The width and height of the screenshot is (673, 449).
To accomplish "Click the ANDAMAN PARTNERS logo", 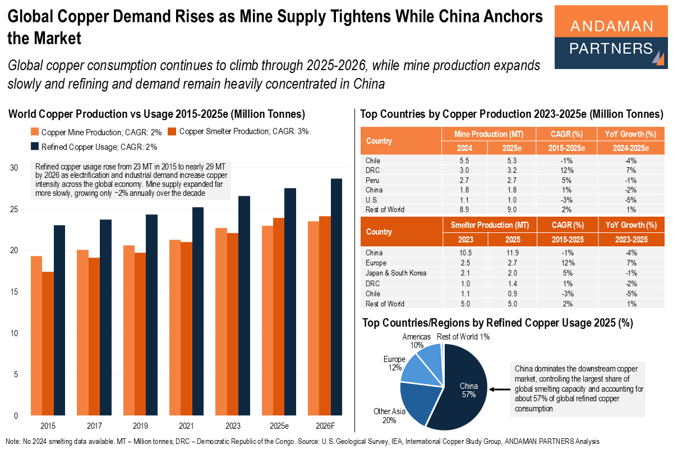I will (x=611, y=38).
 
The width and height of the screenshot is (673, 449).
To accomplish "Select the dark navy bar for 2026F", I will (x=336, y=297).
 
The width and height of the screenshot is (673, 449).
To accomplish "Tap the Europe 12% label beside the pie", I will (x=393, y=363).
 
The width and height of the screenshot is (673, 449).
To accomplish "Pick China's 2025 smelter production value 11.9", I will (x=511, y=253).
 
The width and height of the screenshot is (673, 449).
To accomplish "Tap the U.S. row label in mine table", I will (x=373, y=199).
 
